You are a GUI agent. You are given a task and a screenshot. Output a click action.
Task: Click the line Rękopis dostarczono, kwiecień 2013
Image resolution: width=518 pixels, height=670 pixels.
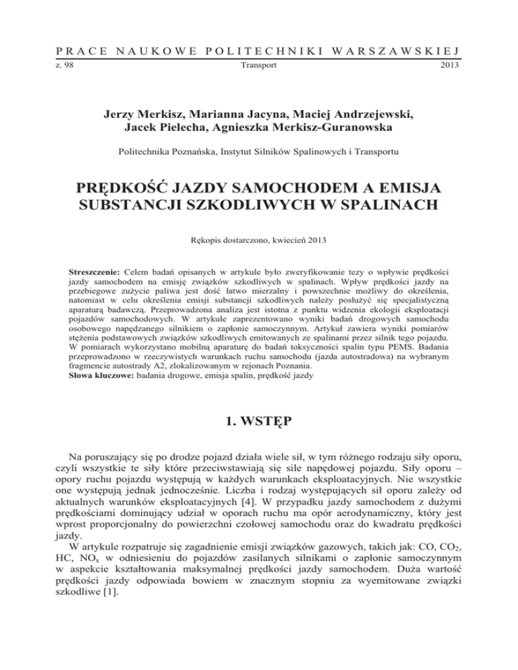258,237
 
